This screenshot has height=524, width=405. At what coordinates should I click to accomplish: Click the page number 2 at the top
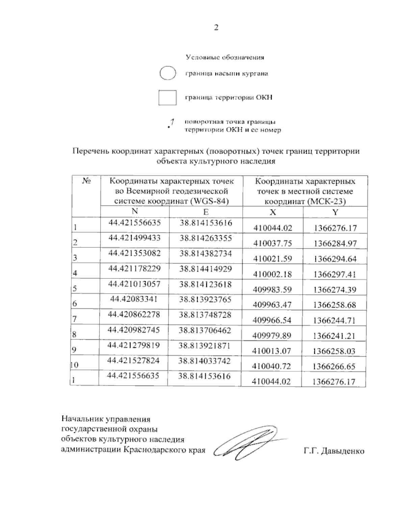216,28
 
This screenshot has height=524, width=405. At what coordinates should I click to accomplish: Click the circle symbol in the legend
167,74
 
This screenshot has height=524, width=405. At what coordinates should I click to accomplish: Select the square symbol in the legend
167,98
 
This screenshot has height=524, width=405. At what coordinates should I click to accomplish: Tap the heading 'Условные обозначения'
225,57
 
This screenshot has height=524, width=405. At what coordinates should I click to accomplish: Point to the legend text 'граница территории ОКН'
228,98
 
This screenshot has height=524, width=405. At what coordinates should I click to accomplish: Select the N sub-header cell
135,212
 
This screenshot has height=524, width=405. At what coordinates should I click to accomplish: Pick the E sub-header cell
206,212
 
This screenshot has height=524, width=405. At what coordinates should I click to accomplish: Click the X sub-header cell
273,212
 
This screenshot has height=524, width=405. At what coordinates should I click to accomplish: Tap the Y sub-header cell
335,212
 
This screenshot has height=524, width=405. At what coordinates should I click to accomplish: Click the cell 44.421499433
134,238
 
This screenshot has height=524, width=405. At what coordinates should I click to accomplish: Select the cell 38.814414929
206,269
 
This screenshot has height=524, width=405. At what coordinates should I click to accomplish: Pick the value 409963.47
272,305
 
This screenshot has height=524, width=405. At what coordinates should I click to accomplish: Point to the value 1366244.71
334,320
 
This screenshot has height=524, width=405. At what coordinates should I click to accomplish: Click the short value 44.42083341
134,299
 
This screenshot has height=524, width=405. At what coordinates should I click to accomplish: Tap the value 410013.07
272,351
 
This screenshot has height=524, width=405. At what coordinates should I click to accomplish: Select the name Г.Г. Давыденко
334,451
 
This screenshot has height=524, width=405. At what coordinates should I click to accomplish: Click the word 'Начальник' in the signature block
82,419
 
